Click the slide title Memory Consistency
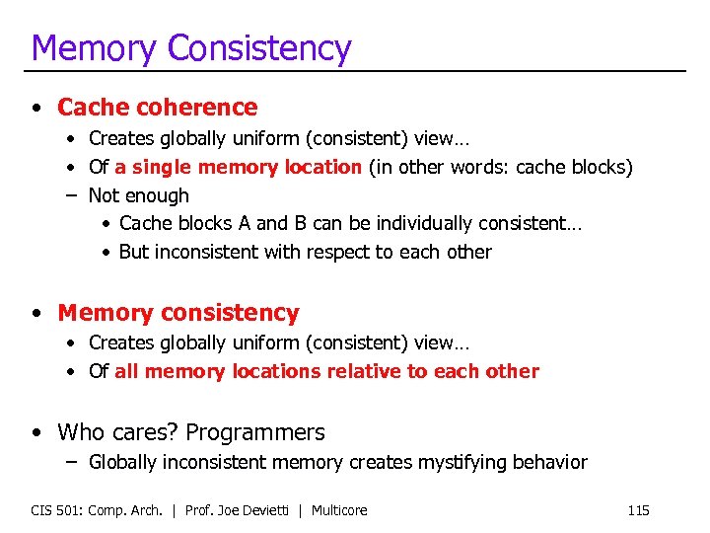[190, 46]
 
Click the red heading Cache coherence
[157, 107]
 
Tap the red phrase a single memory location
[238, 167]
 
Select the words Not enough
[138, 195]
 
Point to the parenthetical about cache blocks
[500, 167]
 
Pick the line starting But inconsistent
[305, 252]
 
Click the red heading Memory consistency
[177, 313]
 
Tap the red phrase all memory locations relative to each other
[326, 371]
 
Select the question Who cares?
[118, 432]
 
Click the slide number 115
[638, 510]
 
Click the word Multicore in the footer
[339, 510]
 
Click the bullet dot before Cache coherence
[36, 108]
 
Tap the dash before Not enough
[72, 195]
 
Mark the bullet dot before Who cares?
[36, 433]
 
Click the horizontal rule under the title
[355, 71]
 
